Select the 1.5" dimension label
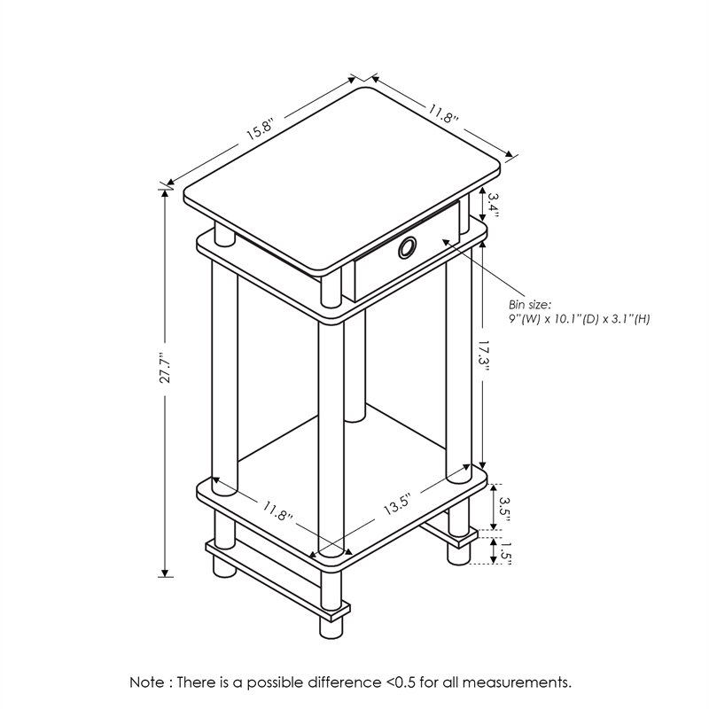505,550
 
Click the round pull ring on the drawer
407,249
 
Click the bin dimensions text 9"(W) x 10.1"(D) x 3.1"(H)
579,318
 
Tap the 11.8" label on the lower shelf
277,511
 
